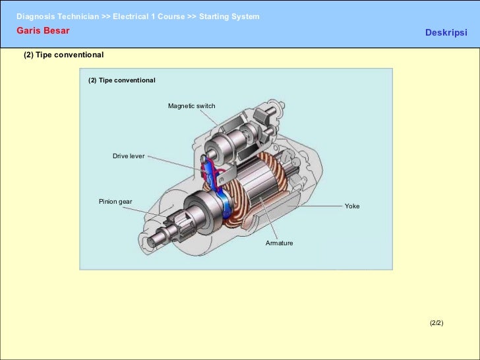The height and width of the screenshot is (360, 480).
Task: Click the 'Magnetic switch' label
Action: click(x=191, y=106)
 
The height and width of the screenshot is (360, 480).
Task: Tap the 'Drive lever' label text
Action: click(x=129, y=156)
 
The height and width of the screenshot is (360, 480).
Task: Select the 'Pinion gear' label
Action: click(x=115, y=201)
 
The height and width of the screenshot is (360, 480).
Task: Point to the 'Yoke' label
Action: click(x=352, y=206)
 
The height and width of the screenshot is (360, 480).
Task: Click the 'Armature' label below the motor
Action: click(x=279, y=243)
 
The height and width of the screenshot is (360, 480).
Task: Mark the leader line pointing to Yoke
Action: click(x=316, y=206)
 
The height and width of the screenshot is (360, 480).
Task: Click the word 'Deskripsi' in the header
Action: click(x=446, y=32)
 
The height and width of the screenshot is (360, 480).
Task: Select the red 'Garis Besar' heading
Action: click(x=43, y=30)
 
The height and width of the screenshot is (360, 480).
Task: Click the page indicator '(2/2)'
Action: click(x=436, y=323)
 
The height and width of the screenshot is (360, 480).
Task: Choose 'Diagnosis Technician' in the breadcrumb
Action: click(x=57, y=16)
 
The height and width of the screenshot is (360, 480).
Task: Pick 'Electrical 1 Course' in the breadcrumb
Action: click(x=148, y=16)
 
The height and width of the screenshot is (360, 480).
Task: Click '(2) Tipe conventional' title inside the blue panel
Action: click(x=122, y=80)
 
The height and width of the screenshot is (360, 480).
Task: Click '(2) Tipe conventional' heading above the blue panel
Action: click(x=64, y=55)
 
